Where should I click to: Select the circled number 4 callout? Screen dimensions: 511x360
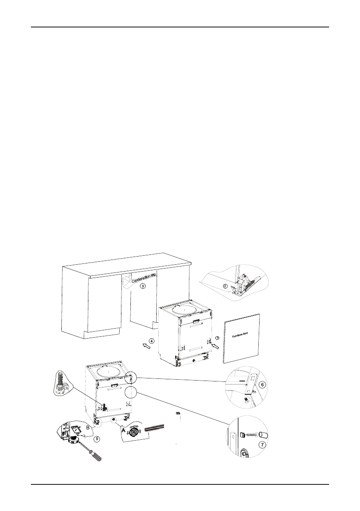coord(151,341)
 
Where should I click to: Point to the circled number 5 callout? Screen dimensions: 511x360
coord(97,438)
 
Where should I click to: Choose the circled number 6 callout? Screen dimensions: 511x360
coord(263,385)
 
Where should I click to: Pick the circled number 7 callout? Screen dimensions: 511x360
coord(263,445)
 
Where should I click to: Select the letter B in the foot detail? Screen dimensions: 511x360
coord(88,427)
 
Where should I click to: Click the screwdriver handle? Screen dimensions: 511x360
coord(97,457)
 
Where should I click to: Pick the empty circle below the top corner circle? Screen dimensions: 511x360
coord(130,393)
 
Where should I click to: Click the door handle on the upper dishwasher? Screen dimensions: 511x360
coord(197,321)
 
